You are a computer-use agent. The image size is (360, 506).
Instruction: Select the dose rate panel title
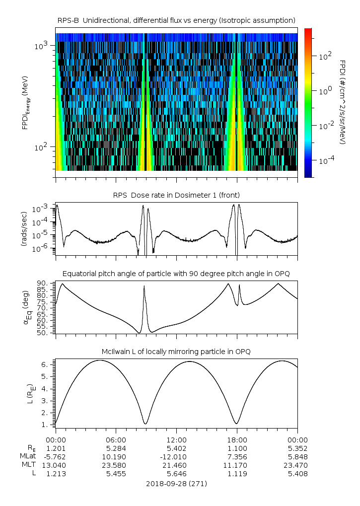(176, 195)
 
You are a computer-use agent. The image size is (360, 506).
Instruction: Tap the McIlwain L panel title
(176, 352)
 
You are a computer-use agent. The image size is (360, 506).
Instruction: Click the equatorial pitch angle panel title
(176, 274)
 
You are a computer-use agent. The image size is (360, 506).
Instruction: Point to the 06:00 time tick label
(116, 439)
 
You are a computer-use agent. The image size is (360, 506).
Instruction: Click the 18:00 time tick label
(237, 439)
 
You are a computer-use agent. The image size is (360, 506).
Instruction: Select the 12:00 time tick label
(177, 439)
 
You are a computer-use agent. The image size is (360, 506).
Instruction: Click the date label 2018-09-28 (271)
(176, 483)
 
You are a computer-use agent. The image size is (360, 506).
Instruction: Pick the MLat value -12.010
(177, 456)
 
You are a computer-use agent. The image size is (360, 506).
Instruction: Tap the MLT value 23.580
(116, 465)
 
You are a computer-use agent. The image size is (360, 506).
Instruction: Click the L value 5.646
(177, 474)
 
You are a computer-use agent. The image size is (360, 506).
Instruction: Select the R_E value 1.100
(237, 448)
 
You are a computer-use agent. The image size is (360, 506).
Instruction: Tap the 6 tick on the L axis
(45, 364)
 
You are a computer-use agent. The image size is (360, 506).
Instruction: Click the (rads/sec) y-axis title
(25, 228)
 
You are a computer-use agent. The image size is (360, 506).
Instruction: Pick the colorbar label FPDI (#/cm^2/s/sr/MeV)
(343, 102)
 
